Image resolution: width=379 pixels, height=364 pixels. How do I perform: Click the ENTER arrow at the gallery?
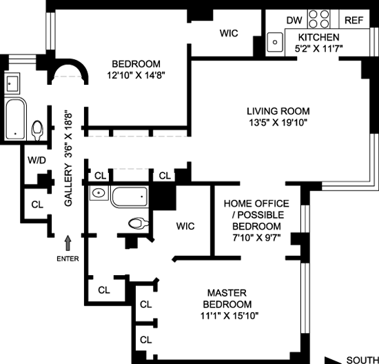(68, 243)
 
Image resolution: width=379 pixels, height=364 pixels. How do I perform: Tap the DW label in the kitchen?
(294, 20)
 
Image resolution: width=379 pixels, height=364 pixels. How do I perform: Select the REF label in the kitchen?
(354, 20)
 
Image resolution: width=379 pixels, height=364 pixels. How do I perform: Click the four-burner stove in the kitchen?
(319, 19)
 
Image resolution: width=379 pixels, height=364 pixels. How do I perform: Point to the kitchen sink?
(275, 42)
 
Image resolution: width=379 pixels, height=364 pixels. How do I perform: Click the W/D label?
(37, 160)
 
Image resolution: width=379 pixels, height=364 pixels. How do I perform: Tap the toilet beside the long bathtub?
(37, 130)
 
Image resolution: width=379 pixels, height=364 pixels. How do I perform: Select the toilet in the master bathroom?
(139, 223)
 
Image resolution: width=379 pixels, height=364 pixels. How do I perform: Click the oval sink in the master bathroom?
(99, 193)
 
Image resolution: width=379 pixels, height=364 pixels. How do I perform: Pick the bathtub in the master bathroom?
(130, 197)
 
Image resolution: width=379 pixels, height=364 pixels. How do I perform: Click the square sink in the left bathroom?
(12, 83)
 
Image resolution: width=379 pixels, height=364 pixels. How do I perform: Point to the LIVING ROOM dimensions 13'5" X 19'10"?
(278, 123)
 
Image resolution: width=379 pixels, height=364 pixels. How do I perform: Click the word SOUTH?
(362, 360)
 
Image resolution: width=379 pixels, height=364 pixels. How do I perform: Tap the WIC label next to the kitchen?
(229, 33)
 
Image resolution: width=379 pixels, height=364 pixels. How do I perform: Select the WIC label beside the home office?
(185, 226)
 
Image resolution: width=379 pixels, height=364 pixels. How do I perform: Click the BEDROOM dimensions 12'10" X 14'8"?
(136, 75)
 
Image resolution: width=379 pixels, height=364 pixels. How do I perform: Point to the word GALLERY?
(68, 185)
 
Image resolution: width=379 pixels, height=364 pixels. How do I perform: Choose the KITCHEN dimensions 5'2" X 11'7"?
(318, 49)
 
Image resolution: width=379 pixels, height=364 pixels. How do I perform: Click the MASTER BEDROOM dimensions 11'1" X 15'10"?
(229, 316)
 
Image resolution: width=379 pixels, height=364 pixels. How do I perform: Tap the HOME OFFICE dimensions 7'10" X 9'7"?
(256, 238)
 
